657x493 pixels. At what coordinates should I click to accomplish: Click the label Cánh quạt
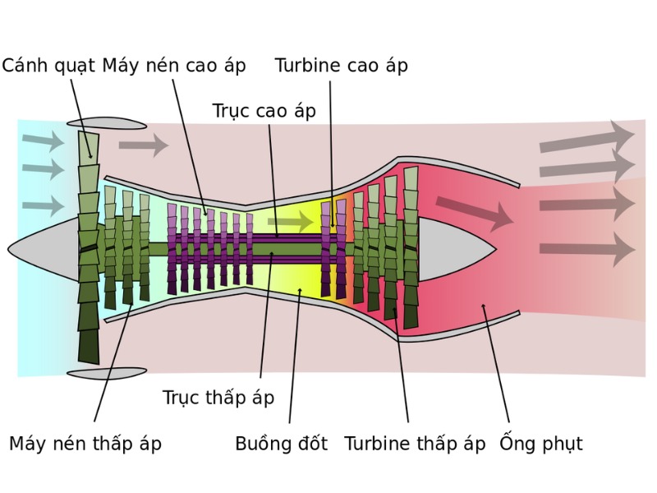[48, 66]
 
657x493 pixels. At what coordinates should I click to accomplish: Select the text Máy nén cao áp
[174, 66]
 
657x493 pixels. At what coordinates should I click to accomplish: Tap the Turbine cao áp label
[341, 66]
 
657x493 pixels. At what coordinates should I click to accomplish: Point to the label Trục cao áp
[264, 111]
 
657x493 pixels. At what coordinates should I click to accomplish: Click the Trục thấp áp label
[218, 398]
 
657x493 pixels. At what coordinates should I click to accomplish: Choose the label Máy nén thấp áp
[85, 444]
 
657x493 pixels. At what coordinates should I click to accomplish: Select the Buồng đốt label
[281, 444]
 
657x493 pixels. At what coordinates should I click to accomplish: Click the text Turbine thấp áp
[415, 444]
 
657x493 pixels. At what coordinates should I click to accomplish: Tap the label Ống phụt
[541, 444]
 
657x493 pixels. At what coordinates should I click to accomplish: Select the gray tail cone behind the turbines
[452, 247]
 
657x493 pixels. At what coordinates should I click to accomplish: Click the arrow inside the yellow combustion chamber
[291, 221]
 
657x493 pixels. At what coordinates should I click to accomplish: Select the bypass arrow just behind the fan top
[144, 146]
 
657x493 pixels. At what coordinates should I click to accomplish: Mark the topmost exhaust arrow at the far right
[586, 138]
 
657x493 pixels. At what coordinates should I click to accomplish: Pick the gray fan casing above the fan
[107, 123]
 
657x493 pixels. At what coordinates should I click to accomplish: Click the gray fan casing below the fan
[107, 373]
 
